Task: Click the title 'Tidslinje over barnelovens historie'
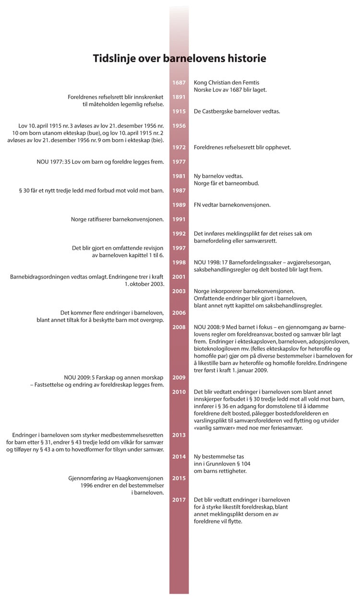coord(180,59)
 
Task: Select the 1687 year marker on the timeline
coord(179,83)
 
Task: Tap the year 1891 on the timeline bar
coord(179,97)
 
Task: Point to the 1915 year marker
coord(179,111)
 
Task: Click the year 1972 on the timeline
coord(179,147)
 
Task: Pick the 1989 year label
coord(179,205)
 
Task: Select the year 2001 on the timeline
coord(179,277)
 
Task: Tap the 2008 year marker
coord(179,327)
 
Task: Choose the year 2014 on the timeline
coord(179,456)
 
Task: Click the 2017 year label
coord(179,500)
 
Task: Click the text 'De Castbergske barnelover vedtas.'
coord(237,111)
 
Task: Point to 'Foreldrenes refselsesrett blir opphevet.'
coord(242,147)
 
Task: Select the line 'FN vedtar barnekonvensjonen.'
coord(232,205)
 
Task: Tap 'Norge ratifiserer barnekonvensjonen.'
coord(118,219)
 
